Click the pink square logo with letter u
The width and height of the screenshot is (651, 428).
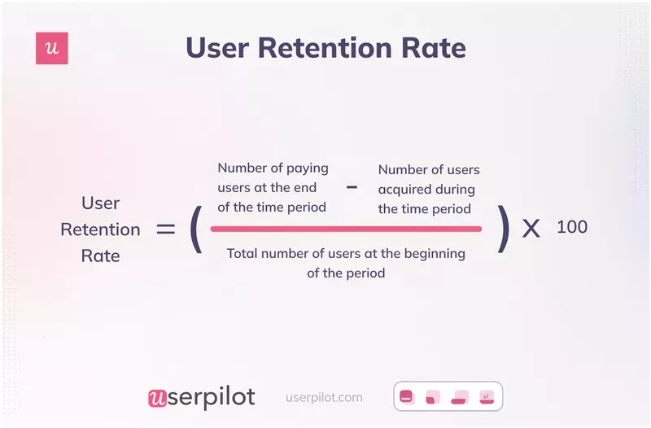[52, 49]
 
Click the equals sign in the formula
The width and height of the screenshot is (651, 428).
[165, 229]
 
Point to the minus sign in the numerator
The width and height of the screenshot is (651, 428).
[352, 186]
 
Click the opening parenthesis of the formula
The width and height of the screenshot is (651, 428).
[195, 229]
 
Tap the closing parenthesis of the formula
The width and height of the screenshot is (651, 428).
[504, 229]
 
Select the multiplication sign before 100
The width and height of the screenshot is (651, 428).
[531, 229]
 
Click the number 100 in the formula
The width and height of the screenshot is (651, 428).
[572, 227]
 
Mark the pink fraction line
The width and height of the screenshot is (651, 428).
[346, 229]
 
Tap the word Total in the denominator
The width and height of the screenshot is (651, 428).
[245, 254]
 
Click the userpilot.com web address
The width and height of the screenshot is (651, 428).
[325, 398]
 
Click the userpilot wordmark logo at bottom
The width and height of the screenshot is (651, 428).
[202, 397]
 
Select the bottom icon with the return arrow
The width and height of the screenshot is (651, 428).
[487, 398]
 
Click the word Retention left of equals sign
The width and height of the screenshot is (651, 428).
[100, 229]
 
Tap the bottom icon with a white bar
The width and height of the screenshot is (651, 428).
[407, 397]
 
